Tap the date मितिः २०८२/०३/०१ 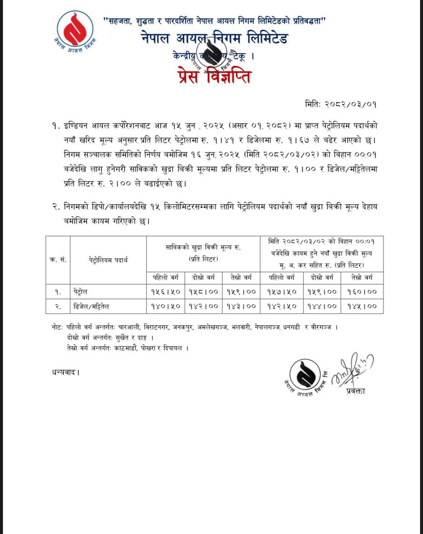point(341,104)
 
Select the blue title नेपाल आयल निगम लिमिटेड point(214,38)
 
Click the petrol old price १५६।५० point(166,292)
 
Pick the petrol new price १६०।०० point(362,292)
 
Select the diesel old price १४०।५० point(166,306)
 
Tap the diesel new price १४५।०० point(362,306)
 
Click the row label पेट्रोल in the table point(80,292)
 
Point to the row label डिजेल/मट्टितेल point(91,307)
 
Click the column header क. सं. point(57,260)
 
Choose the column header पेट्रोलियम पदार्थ point(108,260)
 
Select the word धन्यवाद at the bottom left point(65,372)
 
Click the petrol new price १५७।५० point(282,292)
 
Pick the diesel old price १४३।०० point(241,306)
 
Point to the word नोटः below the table point(57,327)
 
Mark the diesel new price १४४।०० point(322,306)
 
